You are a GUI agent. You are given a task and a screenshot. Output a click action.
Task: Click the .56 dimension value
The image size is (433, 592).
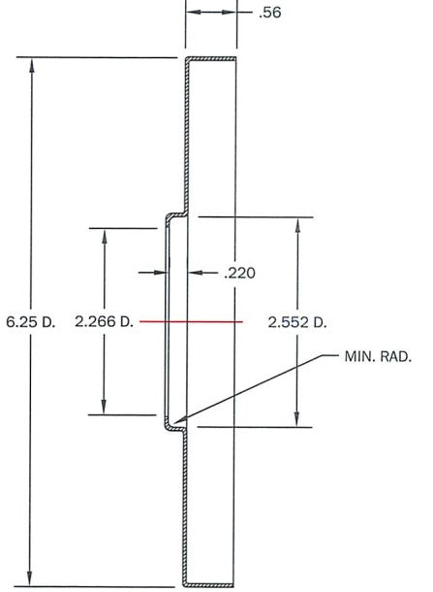coord(270,13)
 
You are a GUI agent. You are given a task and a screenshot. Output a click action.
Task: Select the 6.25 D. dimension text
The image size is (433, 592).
coord(31,322)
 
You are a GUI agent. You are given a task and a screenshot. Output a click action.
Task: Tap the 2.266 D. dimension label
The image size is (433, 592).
coord(105,321)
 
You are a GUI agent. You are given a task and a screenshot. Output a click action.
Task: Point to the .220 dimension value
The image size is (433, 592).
coord(239,273)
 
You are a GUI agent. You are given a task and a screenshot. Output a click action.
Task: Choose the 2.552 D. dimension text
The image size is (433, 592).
coord(297,322)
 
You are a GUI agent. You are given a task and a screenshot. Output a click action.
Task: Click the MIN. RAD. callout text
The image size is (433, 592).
coord(378,356)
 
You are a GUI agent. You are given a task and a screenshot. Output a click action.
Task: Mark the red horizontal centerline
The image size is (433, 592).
coord(191,321)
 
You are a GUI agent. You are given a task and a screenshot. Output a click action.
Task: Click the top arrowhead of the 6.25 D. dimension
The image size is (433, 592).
coord(32,64)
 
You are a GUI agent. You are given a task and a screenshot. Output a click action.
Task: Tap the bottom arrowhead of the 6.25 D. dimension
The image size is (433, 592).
coord(30,578)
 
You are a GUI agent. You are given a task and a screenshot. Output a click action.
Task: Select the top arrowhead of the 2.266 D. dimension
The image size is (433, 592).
coord(105,236)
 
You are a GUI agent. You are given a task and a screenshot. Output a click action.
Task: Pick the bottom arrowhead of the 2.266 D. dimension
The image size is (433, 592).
coord(104,407)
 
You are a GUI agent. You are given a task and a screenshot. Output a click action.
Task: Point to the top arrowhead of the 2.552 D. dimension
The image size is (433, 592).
coord(297,225)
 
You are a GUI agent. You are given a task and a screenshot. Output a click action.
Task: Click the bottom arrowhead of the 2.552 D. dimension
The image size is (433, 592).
coord(296,419)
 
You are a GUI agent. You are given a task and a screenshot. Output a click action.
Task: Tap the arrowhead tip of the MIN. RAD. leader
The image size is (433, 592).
coord(174,422)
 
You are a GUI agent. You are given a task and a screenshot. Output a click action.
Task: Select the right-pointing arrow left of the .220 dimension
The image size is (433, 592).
coord(152,272)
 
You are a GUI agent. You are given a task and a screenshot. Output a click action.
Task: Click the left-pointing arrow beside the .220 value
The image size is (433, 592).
coord(202,272)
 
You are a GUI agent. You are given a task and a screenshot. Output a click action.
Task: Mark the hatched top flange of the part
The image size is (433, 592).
coord(211,58)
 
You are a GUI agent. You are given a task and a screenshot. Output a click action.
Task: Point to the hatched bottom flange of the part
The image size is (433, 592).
coord(208,585)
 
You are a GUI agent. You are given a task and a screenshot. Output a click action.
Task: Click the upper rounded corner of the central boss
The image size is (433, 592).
coord(169,217)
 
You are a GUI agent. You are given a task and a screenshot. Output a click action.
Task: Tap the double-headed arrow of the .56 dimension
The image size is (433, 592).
coord(211,12)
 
